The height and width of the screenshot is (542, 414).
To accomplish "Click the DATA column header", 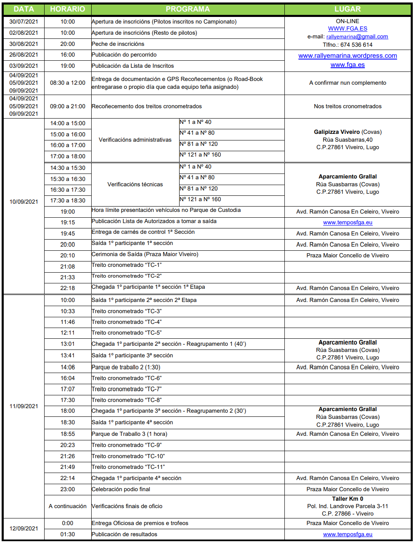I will coord(24,9).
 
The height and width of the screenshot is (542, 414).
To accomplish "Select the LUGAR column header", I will coord(348,9).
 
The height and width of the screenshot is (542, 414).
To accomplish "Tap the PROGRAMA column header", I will coord(187,9).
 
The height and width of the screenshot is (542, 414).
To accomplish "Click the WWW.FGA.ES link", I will coord(348,29).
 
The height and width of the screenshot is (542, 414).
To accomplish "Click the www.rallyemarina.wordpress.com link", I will coord(348,56).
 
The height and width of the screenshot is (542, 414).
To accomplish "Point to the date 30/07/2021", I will coord(24,22).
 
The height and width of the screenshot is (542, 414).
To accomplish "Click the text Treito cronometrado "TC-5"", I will coord(126,333).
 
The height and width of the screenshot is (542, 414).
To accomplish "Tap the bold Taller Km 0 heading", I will coord(348,499).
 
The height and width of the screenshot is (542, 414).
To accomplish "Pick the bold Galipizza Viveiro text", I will coord(337,132).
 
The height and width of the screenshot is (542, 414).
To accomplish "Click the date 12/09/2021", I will coord(24,529).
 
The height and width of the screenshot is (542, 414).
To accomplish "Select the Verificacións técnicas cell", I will coord(135,185).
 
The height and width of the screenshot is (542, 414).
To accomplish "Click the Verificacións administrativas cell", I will coord(135,140).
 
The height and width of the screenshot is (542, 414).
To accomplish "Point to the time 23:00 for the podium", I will coord(68,490).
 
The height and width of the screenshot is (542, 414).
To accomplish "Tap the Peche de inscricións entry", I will coord(118,44).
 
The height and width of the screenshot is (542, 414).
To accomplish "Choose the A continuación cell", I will coord(68,506).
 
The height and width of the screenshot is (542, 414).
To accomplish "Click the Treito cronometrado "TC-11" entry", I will coord(128,467).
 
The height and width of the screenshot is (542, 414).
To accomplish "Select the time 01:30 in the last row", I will coord(68,535).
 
